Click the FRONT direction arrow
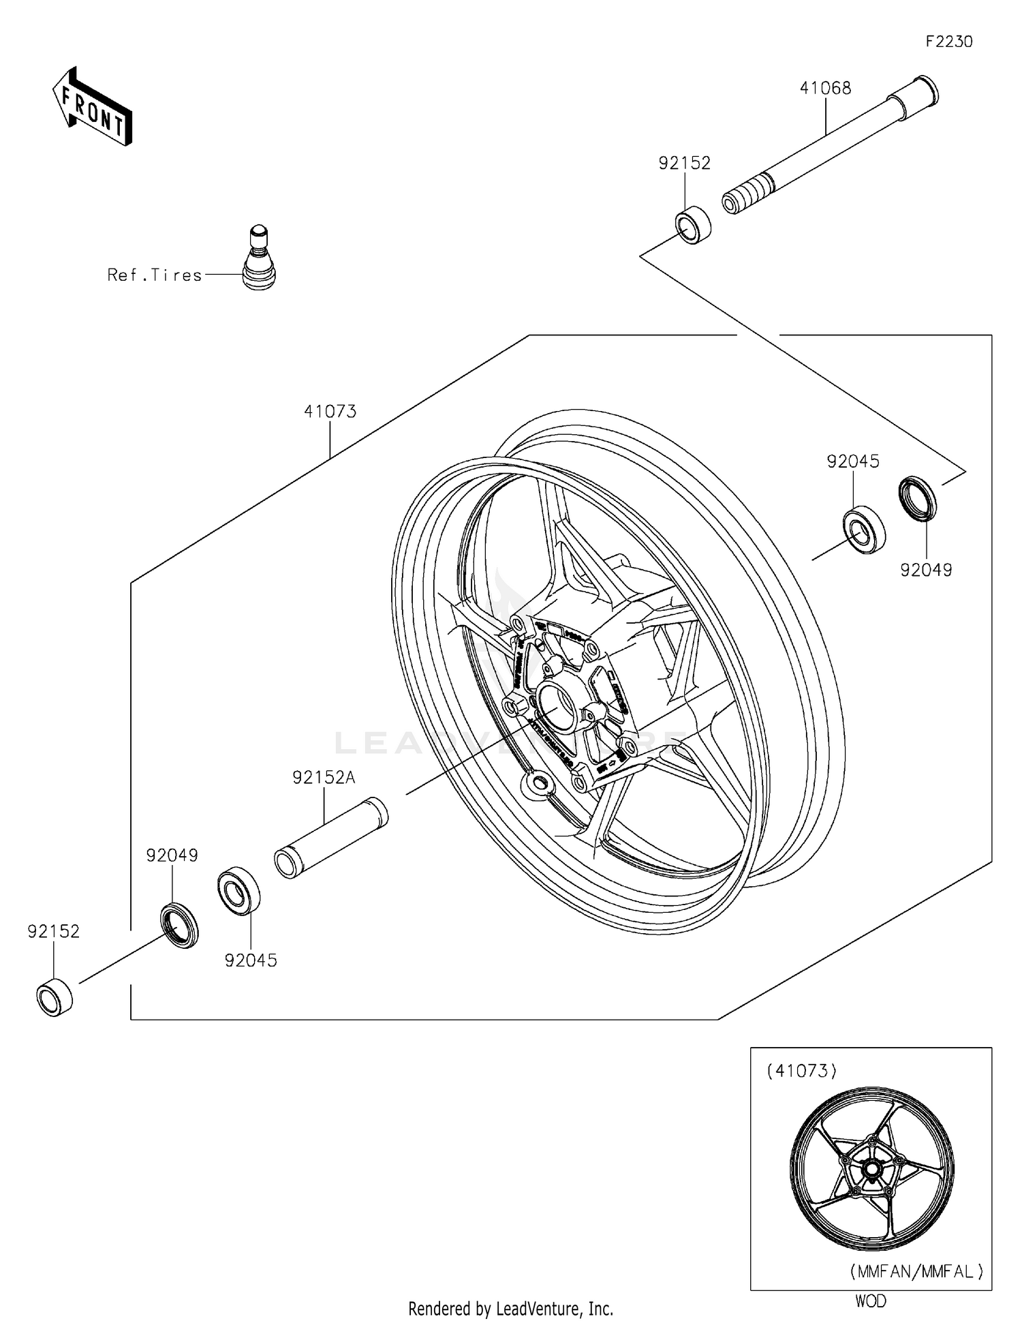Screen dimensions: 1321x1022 coord(92,107)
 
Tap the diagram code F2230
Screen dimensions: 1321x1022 coord(948,42)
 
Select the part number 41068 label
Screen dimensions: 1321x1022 coord(825,88)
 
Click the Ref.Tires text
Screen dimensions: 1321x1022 coord(155,275)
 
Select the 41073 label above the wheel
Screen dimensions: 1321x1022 coord(330,412)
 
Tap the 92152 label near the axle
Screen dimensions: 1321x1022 coord(684,163)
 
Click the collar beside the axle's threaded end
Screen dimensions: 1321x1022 coord(693,224)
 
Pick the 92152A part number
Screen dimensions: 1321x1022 coord(324,778)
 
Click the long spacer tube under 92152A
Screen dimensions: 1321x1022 coord(331,837)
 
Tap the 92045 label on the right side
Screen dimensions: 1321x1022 coord(853,461)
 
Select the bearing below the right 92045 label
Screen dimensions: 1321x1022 coord(864,529)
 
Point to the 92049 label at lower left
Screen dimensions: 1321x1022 coord(172,855)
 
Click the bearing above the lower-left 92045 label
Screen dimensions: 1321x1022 coord(238,890)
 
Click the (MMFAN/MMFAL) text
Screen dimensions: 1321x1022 coord(916,1271)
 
